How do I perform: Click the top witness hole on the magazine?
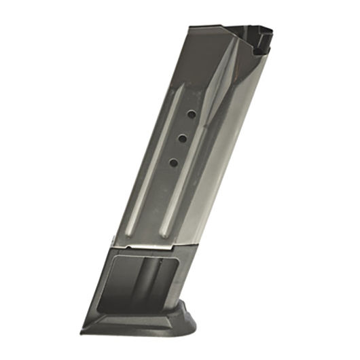192,115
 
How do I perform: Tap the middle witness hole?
182,139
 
